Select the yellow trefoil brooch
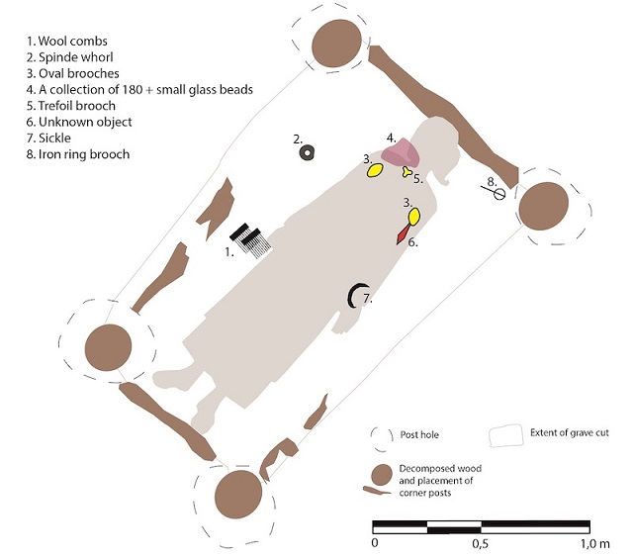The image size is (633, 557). point(407,172)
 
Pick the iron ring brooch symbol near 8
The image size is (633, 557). point(498,194)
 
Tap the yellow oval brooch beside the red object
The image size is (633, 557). point(414,216)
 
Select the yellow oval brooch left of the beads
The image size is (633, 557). point(375,170)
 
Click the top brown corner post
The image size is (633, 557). point(336,44)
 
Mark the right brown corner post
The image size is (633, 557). point(544,206)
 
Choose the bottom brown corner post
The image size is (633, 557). point(238,494)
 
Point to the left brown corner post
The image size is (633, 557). point(108,347)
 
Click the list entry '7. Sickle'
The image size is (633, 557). point(48,138)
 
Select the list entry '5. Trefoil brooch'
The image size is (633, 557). point(71,106)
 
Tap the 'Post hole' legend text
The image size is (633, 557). point(419,434)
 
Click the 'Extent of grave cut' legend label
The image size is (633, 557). point(570,432)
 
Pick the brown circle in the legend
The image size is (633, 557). point(382,474)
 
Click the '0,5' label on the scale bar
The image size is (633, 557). point(480,544)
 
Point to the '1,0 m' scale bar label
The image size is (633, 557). point(595,544)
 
